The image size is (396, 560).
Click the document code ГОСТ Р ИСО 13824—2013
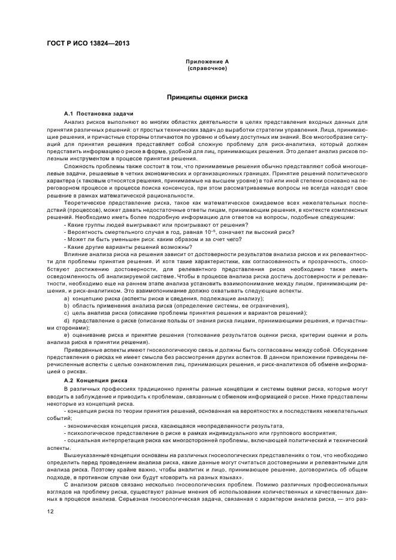[x=87, y=44]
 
